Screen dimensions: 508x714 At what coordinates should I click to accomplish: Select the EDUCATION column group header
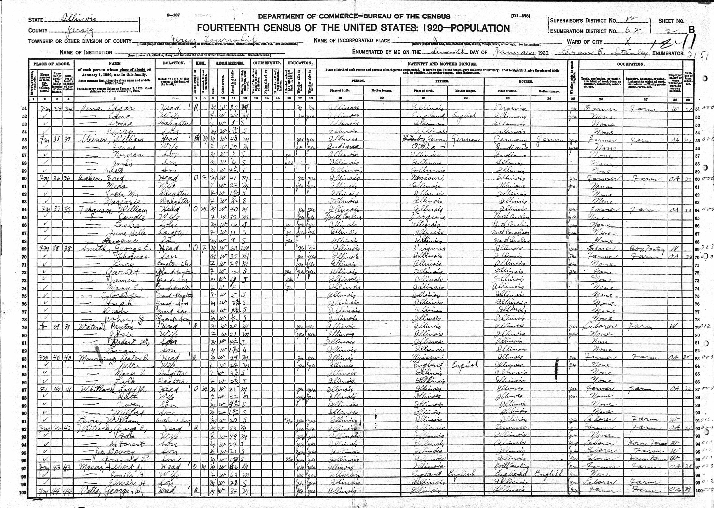(x=300, y=63)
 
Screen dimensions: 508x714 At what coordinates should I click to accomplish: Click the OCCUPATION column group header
(x=631, y=64)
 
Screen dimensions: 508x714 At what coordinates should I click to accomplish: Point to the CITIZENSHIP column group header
(x=267, y=63)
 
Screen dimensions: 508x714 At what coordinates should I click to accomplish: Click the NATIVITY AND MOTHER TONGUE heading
(x=442, y=64)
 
